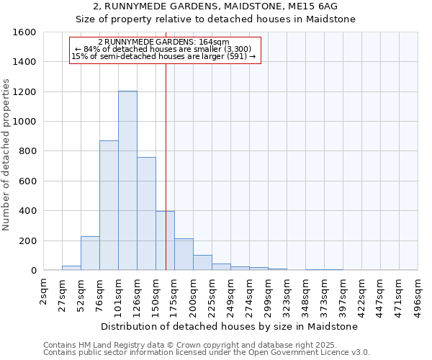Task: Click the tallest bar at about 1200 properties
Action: pyautogui.click(x=127, y=180)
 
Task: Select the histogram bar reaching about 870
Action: pyautogui.click(x=109, y=205)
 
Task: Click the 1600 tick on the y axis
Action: pyautogui.click(x=24, y=32)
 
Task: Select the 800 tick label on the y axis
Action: pyautogui.click(x=27, y=151)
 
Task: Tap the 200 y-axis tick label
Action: pyautogui.click(x=27, y=240)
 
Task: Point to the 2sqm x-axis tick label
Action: pyautogui.click(x=44, y=292)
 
